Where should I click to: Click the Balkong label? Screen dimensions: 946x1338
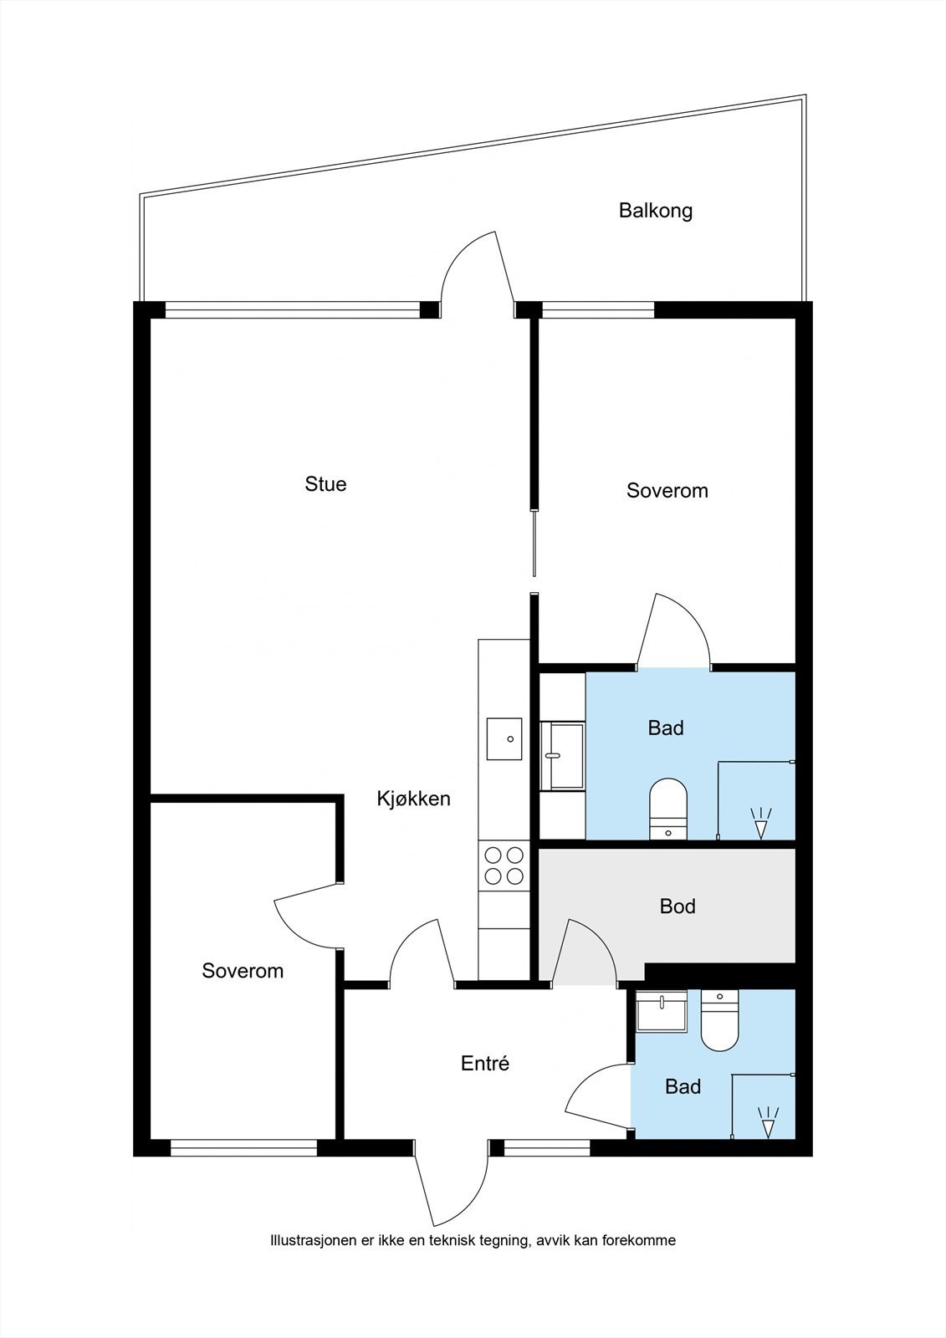click(x=656, y=211)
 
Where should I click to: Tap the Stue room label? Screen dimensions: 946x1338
click(x=325, y=483)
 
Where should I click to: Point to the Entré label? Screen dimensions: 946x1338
click(x=484, y=1063)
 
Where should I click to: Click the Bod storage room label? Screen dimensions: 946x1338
click(x=678, y=906)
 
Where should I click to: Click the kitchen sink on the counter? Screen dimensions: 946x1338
click(x=504, y=739)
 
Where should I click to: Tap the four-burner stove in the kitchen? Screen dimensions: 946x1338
click(x=504, y=866)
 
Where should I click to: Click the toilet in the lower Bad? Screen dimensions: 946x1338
click(x=720, y=1019)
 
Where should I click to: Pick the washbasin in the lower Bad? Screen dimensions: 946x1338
click(x=662, y=1011)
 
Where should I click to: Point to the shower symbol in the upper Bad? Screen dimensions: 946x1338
click(x=760, y=823)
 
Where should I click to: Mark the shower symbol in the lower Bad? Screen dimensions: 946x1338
click(x=768, y=1121)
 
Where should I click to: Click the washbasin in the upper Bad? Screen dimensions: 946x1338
click(x=562, y=757)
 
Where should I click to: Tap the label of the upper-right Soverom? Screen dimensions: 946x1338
click(x=667, y=490)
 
